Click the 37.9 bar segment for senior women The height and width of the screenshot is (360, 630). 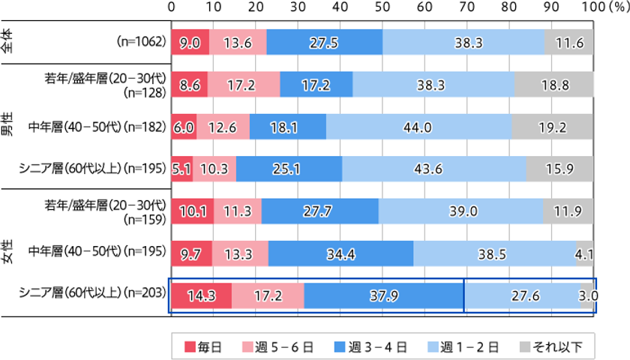[384, 296]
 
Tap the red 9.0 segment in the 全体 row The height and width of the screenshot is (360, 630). [190, 43]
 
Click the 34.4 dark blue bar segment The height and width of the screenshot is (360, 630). [340, 254]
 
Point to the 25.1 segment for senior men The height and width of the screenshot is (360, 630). [289, 169]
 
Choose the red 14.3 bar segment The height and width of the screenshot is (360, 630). [202, 296]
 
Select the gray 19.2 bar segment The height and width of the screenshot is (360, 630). [552, 127]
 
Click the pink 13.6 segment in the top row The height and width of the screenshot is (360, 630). [238, 43]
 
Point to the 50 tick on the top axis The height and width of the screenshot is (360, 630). [382, 7]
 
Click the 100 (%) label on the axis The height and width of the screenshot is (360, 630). [601, 7]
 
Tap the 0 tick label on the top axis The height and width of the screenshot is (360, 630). [172, 7]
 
